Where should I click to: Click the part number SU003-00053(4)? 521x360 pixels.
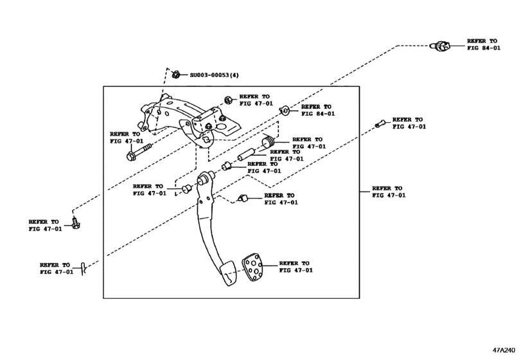pyautogui.click(x=213, y=75)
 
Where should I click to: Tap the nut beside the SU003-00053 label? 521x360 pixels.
pyautogui.click(x=175, y=75)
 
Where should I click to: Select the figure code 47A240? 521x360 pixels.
pyautogui.click(x=504, y=351)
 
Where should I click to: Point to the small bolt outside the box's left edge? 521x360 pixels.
pyautogui.click(x=76, y=223)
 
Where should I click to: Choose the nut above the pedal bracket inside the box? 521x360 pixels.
pyautogui.click(x=228, y=100)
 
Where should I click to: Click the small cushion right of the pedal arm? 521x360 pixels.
pyautogui.click(x=243, y=197)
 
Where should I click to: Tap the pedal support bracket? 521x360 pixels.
pyautogui.click(x=193, y=119)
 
